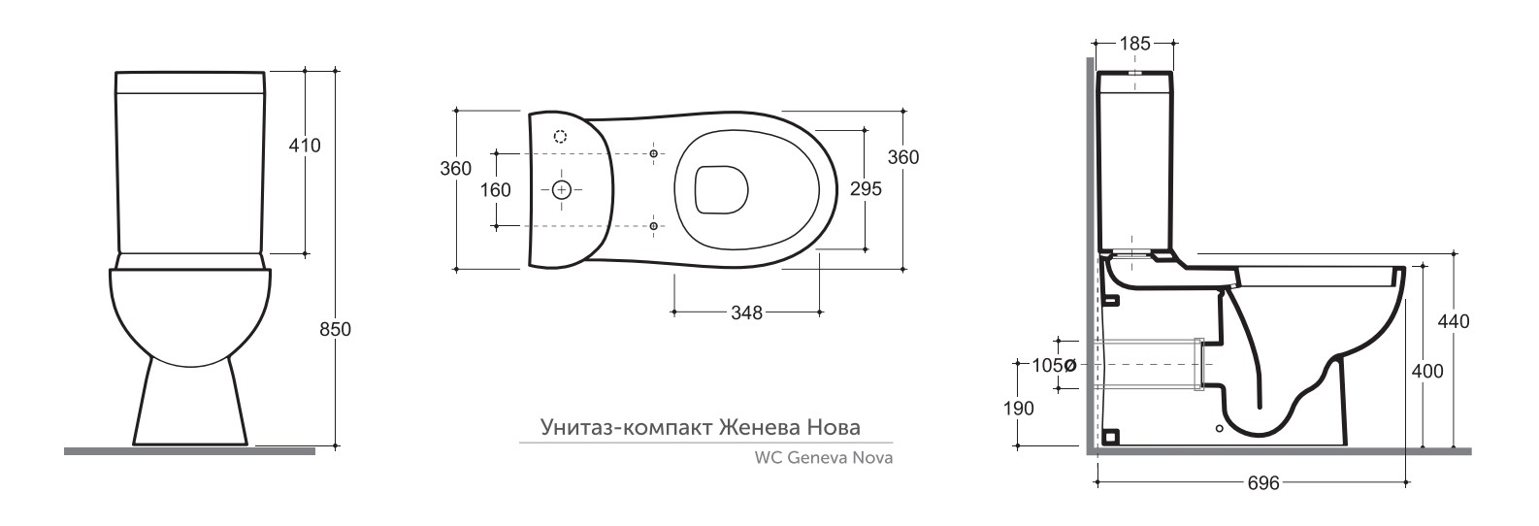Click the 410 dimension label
[x=305, y=146]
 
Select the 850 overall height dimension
[x=336, y=329]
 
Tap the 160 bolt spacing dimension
[x=495, y=190]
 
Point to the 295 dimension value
[x=866, y=189]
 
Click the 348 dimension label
[x=747, y=312]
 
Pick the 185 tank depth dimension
[x=1134, y=44]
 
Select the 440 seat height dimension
[x=1454, y=321]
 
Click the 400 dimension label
[x=1427, y=372]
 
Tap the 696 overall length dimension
[x=1263, y=483]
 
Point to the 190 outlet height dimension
[x=1018, y=409]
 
